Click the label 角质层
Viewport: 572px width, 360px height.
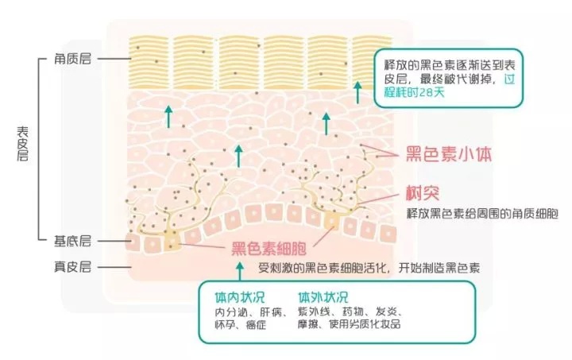pyautogui.click(x=72, y=58)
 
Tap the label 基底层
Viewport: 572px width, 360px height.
pyautogui.click(x=72, y=241)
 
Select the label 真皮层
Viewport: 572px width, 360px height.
pyautogui.click(x=72, y=267)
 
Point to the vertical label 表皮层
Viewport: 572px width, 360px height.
pyautogui.click(x=22, y=144)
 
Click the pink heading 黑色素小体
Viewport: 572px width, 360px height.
pyautogui.click(x=449, y=154)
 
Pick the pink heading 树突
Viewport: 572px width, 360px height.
pyautogui.click(x=423, y=192)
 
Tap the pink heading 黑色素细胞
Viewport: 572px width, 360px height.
pyautogui.click(x=269, y=249)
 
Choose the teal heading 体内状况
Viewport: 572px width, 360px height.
pyautogui.click(x=240, y=297)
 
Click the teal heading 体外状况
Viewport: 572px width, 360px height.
pyautogui.click(x=323, y=297)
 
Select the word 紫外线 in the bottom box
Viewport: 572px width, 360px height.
pyautogui.click(x=314, y=312)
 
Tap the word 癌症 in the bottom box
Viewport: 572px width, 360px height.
pyautogui.click(x=256, y=324)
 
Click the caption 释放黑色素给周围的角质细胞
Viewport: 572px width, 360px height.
pyautogui.click(x=482, y=213)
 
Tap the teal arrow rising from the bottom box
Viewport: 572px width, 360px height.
pyautogui.click(x=240, y=271)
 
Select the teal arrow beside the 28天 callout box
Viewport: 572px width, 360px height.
pyautogui.click(x=357, y=92)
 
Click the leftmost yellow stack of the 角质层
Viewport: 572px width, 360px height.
pyautogui.click(x=149, y=62)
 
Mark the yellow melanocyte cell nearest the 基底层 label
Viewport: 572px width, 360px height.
pyautogui.click(x=172, y=242)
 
